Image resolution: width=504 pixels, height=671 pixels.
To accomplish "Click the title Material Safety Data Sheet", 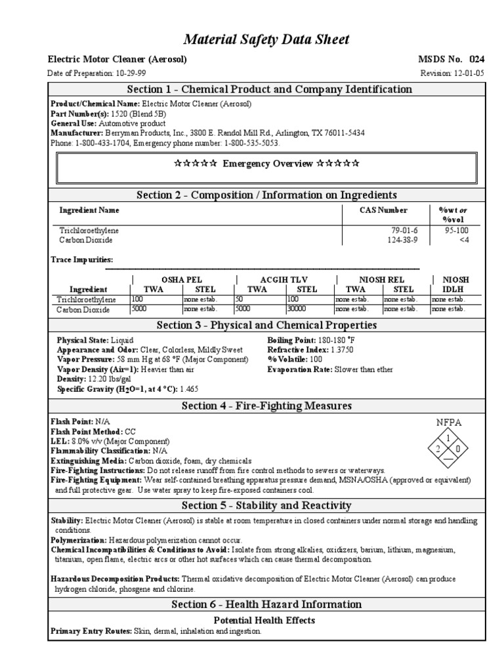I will [x=266, y=40].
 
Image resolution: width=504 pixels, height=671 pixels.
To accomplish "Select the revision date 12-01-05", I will [x=468, y=73].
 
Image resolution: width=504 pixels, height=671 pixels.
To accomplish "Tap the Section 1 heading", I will [x=265, y=90].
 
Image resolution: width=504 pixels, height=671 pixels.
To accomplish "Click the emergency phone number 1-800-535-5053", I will [x=251, y=142].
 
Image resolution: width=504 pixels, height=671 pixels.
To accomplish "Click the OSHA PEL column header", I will [x=177, y=280].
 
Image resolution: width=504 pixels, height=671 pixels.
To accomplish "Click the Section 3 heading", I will [x=266, y=326].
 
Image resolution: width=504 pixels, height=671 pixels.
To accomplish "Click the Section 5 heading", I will [x=266, y=505].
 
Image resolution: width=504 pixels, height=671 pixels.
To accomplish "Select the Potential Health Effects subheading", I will [x=264, y=620].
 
